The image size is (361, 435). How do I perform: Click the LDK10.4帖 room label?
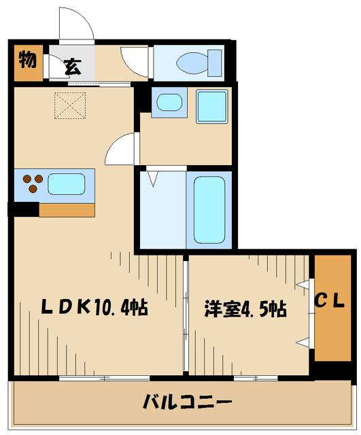tap(94, 307)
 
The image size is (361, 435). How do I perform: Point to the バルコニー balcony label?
tap(187, 402)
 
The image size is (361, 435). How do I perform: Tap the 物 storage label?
tap(28, 60)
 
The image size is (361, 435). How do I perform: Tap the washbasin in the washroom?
tap(168, 104)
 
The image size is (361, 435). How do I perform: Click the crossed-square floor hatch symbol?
tap(67, 105)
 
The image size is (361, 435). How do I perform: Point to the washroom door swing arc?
tap(124, 146)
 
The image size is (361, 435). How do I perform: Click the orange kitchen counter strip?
tap(66, 209)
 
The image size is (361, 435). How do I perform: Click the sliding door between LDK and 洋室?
tap(185, 314)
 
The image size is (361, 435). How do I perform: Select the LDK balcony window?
tap(102, 377)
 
